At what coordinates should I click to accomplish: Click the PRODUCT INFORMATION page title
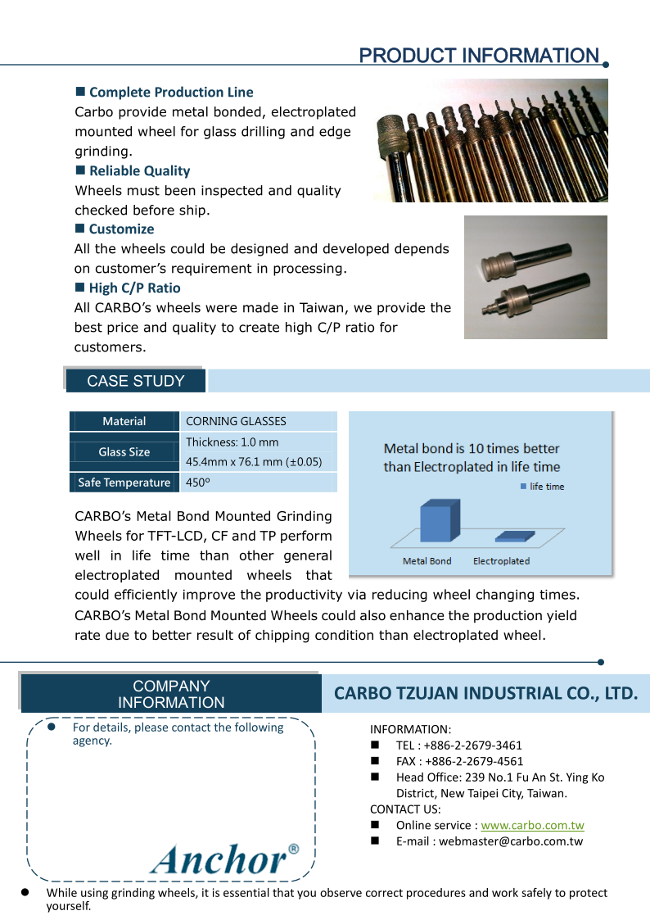(479, 56)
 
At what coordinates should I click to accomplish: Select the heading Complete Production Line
(171, 93)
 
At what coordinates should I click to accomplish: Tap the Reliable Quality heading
(139, 171)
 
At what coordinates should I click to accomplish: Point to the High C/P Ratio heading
(134, 288)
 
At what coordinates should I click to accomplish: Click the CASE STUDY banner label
(135, 381)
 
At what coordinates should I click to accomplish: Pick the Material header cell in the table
(124, 421)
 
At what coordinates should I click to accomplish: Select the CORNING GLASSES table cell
(237, 421)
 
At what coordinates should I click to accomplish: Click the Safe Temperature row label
(124, 483)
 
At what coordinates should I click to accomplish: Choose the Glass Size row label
(124, 451)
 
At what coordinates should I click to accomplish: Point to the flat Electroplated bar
(515, 537)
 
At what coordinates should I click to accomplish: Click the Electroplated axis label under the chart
(501, 561)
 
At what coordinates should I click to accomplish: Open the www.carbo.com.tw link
(532, 825)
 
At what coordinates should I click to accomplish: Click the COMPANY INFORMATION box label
(171, 694)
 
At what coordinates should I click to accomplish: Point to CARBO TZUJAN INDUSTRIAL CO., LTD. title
(485, 694)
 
